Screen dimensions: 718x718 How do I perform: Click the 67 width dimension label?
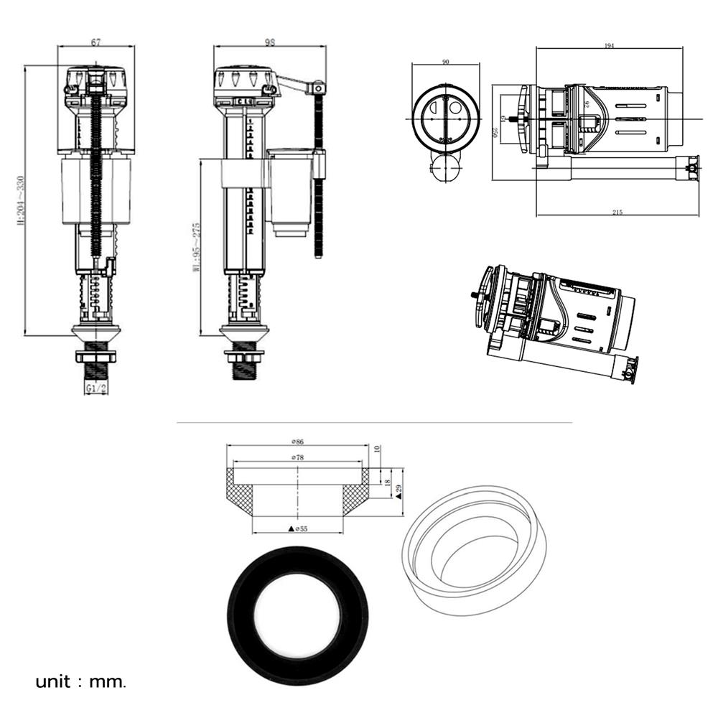[95, 42]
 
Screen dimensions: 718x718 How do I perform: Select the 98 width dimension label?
[270, 42]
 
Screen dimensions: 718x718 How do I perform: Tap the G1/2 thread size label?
[95, 388]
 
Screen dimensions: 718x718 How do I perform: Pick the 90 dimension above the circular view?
[446, 62]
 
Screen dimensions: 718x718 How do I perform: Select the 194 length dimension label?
[610, 46]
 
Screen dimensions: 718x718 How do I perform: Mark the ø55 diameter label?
[301, 528]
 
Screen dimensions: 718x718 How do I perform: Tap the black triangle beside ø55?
[291, 528]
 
